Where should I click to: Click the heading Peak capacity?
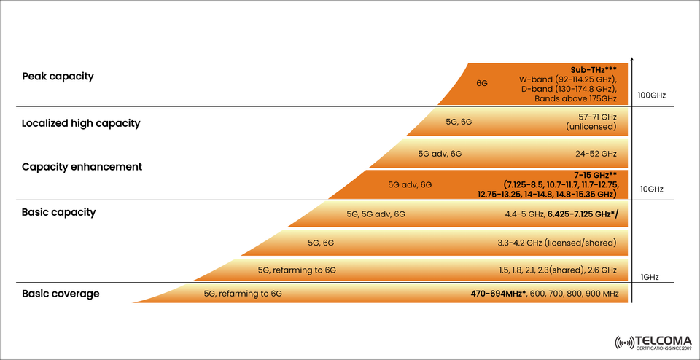58,77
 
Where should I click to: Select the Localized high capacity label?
80,123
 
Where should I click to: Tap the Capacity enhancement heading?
82,167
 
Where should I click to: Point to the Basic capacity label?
58,213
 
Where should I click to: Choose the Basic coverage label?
61,294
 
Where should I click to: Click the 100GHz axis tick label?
652,95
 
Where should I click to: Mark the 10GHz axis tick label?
651,189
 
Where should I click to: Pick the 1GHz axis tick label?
650,277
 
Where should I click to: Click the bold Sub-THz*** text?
594,70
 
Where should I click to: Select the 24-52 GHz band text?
595,154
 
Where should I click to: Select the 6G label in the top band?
482,84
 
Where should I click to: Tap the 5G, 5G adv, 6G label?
376,214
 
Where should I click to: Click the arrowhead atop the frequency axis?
632,59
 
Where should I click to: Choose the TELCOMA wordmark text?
665,340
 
